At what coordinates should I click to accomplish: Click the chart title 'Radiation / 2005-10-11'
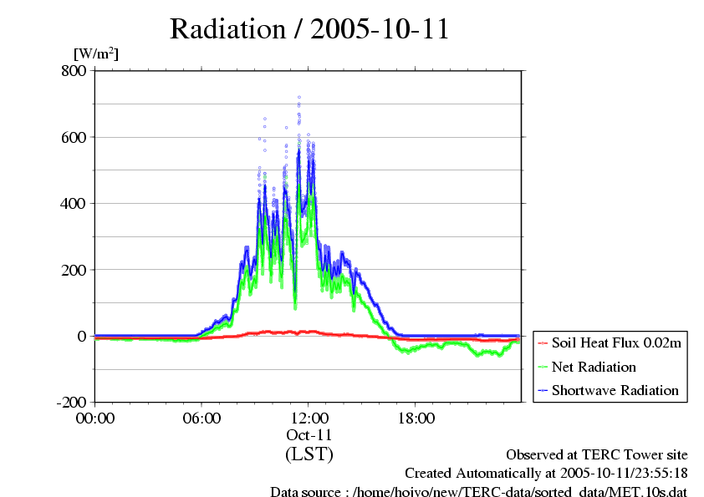click(309, 29)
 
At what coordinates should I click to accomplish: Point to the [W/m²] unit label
click(96, 53)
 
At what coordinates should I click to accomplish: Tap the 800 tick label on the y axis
click(74, 70)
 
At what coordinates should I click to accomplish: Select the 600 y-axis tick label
click(74, 137)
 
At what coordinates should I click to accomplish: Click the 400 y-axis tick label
click(74, 204)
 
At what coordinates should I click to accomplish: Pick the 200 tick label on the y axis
click(74, 270)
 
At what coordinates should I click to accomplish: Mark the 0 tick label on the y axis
click(82, 336)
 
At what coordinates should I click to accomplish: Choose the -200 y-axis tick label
click(71, 402)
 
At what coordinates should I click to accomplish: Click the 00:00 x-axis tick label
click(95, 418)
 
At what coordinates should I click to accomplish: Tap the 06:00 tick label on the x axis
click(202, 418)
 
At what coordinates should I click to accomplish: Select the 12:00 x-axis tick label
click(309, 418)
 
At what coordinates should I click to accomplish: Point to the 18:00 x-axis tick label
click(416, 418)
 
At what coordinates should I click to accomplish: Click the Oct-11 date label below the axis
click(309, 435)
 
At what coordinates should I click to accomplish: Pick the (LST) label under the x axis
click(309, 454)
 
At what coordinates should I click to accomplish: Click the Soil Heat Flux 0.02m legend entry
click(610, 343)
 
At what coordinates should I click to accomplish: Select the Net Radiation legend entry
click(587, 367)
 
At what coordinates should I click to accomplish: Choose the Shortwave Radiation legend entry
click(609, 390)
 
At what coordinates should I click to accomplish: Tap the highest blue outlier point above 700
click(299, 97)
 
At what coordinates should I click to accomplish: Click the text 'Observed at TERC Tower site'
click(597, 455)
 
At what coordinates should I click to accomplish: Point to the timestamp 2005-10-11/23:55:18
click(624, 474)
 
